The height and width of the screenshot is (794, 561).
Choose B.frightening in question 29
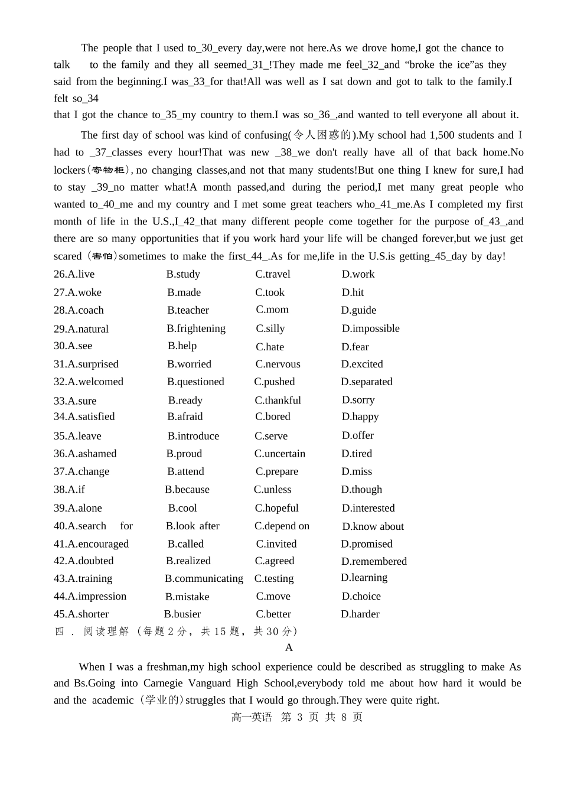(196, 328)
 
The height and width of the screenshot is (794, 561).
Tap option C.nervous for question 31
(278, 364)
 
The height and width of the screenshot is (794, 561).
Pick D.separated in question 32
(366, 382)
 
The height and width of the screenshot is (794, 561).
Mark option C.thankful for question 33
(278, 401)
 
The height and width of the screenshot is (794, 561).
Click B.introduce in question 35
(193, 436)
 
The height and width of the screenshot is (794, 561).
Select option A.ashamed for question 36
(85, 454)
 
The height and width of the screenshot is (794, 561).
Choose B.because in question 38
(187, 489)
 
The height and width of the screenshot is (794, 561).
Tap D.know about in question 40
(373, 526)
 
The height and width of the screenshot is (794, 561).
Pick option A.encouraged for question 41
(91, 544)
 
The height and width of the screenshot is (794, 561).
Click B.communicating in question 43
(204, 578)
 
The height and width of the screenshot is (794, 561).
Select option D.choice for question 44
(361, 596)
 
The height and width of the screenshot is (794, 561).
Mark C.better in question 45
(273, 614)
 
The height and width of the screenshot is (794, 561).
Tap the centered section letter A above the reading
(289, 647)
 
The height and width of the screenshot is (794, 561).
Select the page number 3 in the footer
(299, 717)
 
